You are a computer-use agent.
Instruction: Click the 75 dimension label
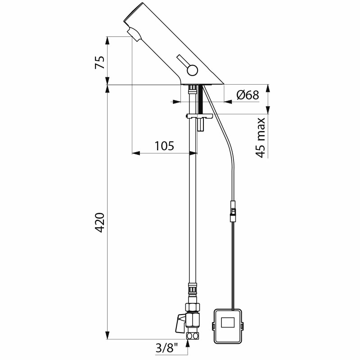coord(99,62)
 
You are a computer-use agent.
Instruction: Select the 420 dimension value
coord(99,223)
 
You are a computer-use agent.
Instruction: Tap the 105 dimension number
coord(164,146)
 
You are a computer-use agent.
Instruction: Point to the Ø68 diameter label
coord(247,94)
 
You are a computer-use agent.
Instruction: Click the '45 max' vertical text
coord(261,138)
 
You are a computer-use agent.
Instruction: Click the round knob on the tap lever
coord(192,70)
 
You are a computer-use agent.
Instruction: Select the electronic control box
coord(228,326)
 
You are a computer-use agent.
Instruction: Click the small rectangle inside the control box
coord(228,322)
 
